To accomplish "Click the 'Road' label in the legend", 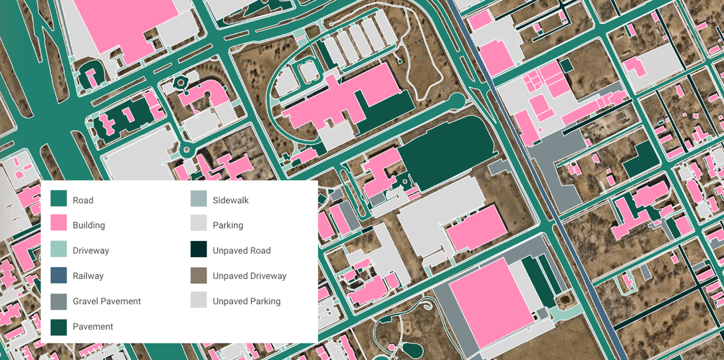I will pyautogui.click(x=83, y=200).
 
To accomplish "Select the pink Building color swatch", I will pyautogui.click(x=59, y=225).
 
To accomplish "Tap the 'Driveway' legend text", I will pyautogui.click(x=91, y=250).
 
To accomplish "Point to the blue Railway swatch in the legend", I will pyautogui.click(x=59, y=276).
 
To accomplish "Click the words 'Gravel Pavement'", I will pyautogui.click(x=107, y=301).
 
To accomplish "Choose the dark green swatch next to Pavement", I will pyautogui.click(x=59, y=326).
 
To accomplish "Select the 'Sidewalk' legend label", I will pyautogui.click(x=230, y=200).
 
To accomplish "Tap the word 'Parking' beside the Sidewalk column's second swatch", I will pyautogui.click(x=228, y=225).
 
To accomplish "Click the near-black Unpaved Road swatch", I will pyautogui.click(x=199, y=250).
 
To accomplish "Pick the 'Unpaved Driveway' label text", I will pyautogui.click(x=249, y=276).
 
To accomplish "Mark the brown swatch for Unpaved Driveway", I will pyautogui.click(x=199, y=276).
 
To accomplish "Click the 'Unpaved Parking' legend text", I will pyautogui.click(x=246, y=301).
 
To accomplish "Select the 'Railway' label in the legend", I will pyautogui.click(x=88, y=276).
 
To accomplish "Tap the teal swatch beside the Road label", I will pyautogui.click(x=59, y=199).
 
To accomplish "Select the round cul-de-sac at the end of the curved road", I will pyautogui.click(x=456, y=102).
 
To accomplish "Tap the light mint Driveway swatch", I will pyautogui.click(x=59, y=250).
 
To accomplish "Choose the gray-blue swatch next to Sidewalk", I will pyautogui.click(x=199, y=199).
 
